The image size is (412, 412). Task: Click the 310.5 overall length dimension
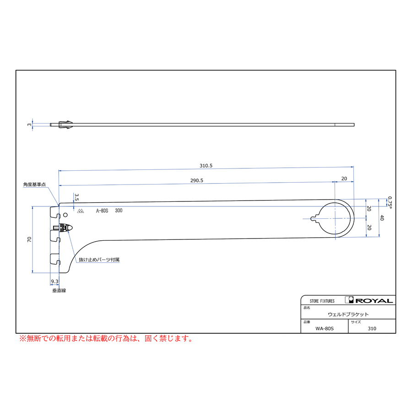pos(206,166)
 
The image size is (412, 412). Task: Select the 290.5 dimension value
pos(197,180)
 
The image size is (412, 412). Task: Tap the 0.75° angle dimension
pos(390,203)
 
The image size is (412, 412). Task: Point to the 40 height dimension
pos(382,218)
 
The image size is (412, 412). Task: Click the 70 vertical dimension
pos(29,239)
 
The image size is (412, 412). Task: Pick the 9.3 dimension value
pos(54,282)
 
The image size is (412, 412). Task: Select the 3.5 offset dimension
pos(77,197)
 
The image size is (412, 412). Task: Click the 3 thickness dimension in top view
pos(29,125)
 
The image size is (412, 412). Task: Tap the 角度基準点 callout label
pos(34,184)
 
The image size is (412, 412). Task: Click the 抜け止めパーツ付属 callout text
pos(99,260)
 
